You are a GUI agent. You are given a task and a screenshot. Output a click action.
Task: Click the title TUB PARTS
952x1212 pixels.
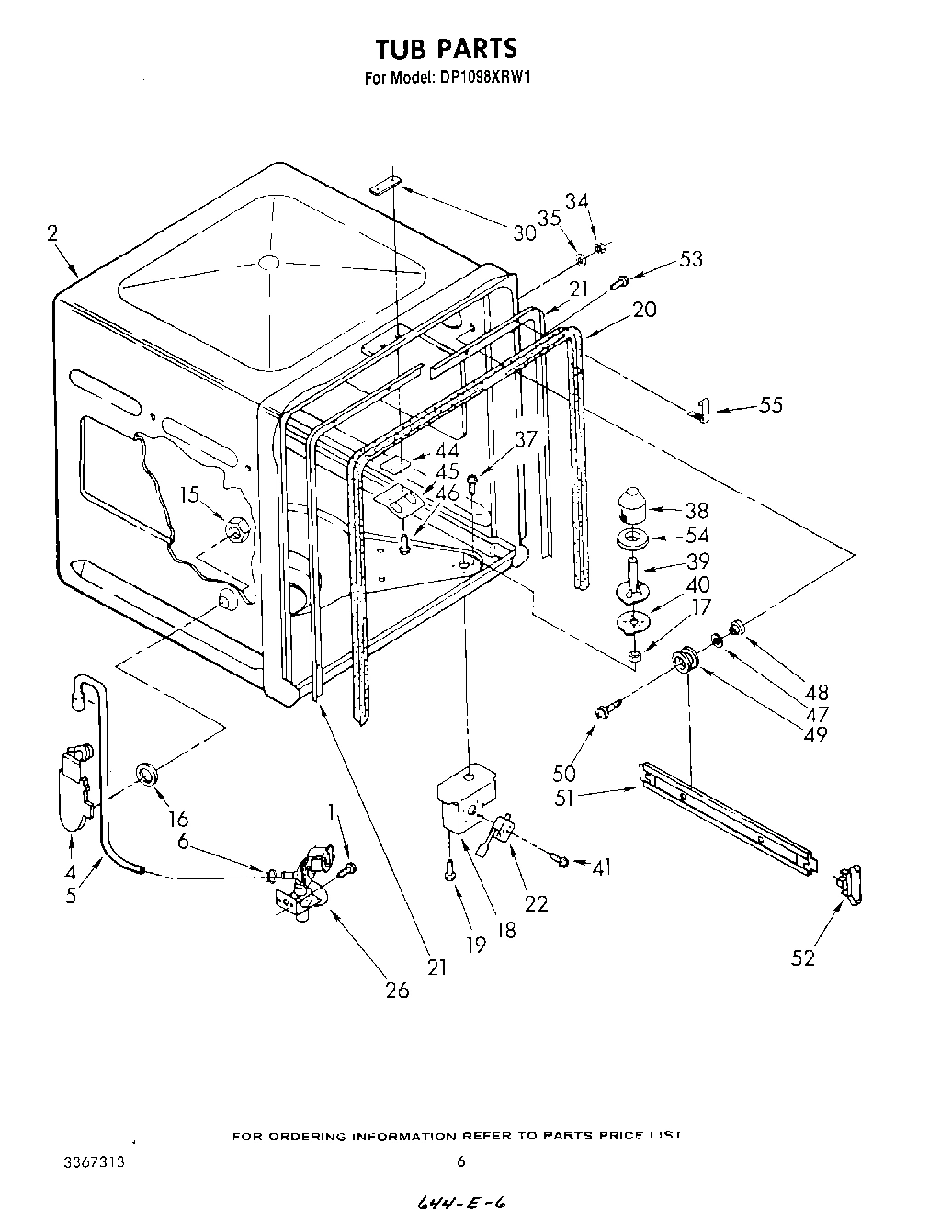tap(447, 48)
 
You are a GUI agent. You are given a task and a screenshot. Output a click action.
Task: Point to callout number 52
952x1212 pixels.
tap(803, 957)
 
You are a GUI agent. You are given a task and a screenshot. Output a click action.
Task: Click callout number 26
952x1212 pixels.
tap(397, 991)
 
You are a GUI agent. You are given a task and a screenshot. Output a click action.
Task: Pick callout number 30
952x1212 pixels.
tap(524, 232)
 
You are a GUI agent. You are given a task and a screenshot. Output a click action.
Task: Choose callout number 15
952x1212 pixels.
tap(189, 495)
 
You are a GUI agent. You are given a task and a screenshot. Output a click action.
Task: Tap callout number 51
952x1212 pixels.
tap(564, 798)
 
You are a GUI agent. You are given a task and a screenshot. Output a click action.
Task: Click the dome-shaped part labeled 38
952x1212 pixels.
tap(631, 504)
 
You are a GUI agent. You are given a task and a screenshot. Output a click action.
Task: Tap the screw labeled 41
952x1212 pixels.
tap(558, 858)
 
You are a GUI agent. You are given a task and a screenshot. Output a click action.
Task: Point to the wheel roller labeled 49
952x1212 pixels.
tap(684, 660)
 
